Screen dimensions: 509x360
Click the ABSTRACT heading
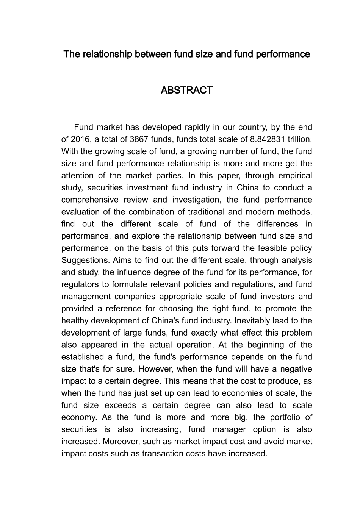pyautogui.click(x=186, y=91)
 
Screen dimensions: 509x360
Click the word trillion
pyautogui.click(x=301, y=139)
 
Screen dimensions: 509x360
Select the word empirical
pyautogui.click(x=295, y=176)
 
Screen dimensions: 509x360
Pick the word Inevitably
pyautogui.click(x=252, y=321)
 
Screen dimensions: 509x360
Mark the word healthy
pyautogui.click(x=74, y=321)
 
